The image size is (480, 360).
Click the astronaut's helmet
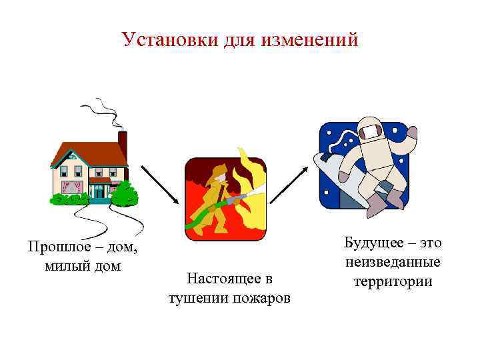coord(369,131)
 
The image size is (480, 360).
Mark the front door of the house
coord(99,191)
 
